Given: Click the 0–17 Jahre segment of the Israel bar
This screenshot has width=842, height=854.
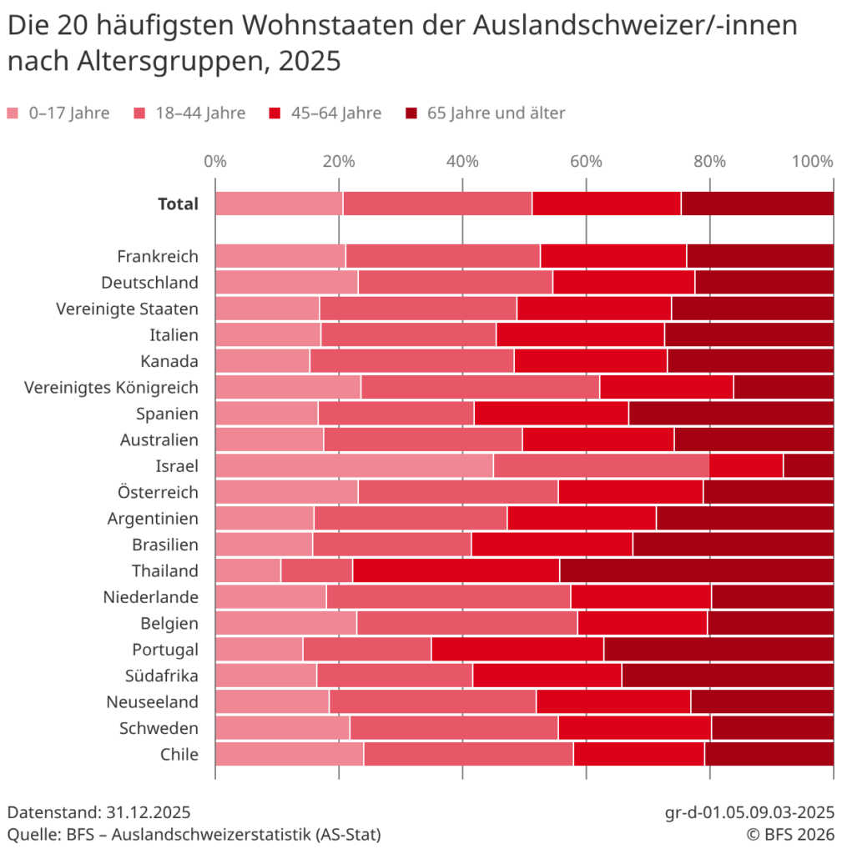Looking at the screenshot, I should coord(354,466).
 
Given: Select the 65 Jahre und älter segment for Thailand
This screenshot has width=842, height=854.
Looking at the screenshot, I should coord(696,571).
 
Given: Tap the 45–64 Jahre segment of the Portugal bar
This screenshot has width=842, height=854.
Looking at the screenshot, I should coord(517,650).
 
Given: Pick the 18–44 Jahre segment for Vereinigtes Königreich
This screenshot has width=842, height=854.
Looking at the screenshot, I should coord(480,388).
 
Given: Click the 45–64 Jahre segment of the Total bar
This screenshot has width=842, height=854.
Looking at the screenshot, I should coord(606,203).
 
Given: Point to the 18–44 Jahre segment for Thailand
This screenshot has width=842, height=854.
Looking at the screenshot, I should coord(316,571).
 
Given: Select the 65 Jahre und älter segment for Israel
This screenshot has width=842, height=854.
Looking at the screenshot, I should coord(808,466).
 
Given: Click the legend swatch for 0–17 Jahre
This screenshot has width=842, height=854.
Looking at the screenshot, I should coord(13,113).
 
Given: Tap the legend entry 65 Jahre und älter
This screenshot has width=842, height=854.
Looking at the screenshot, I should coord(496,113).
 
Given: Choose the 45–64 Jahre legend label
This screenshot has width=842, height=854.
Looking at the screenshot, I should coord(335,113).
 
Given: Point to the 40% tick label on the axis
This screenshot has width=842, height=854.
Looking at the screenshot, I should coord(462,162).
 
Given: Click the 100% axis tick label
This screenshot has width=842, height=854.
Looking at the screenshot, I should coord(814,162).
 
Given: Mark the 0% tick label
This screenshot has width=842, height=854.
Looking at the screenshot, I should coord(215,162).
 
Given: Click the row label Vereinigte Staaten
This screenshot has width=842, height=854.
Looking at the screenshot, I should coord(128,309).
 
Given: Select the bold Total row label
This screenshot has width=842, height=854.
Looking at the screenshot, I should coord(179,203).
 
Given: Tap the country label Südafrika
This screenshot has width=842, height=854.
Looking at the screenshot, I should coord(164,676).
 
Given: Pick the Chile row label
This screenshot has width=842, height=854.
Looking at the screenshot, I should coord(179,755).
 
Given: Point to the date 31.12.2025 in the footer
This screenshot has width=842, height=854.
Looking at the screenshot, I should coord(149,812).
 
